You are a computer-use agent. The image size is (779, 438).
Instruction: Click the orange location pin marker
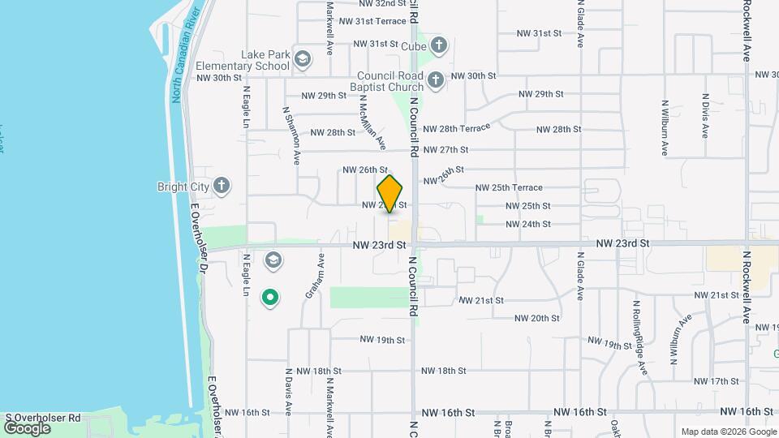390,193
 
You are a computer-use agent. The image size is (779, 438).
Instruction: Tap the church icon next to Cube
439,45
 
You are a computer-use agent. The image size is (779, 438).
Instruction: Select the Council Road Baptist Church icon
436,79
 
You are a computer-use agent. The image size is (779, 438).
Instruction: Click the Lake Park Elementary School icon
303,58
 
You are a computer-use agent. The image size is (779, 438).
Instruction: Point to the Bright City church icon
222,187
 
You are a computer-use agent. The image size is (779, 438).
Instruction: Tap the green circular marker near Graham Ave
270,298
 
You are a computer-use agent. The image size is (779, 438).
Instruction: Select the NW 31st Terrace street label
372,22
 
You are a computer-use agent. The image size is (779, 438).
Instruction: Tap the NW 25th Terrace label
509,187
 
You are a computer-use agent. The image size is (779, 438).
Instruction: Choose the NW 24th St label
528,224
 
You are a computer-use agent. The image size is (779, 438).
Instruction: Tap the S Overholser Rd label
42,418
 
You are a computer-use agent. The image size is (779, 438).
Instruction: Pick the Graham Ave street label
315,277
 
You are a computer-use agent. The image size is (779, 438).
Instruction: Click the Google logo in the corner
27,427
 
